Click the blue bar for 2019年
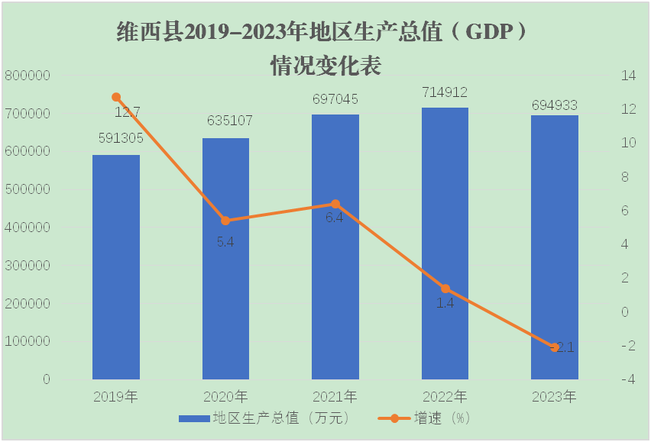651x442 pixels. pos(116,267)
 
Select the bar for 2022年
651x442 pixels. pos(445,244)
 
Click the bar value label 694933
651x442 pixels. pos(555,105)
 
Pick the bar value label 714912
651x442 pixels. pos(445,92)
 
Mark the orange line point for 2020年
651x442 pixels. pos(225,221)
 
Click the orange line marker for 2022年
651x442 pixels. pos(445,289)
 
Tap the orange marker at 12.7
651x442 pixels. pos(116,97)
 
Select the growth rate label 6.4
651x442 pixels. pos(335,218)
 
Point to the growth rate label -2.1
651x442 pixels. pos(562,347)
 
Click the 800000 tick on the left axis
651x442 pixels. pos(28,76)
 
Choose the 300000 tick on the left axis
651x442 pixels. pos(28,266)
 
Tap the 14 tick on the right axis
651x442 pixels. pos(629,76)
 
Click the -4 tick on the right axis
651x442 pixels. pos(629,379)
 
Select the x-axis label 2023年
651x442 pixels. pos(554,397)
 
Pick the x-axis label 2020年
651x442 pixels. pos(225,397)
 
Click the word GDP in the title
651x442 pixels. pos(487,33)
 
